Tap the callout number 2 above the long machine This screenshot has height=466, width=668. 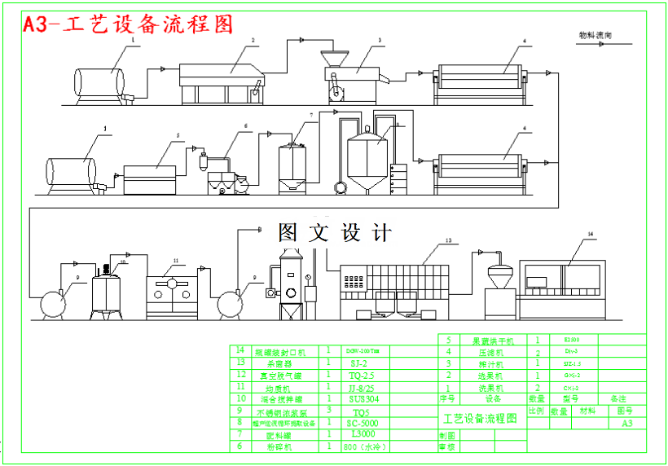pyautogui.click(x=253, y=40)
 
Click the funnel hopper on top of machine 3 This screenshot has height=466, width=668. pyautogui.click(x=331, y=59)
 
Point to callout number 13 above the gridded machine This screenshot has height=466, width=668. pyautogui.click(x=447, y=241)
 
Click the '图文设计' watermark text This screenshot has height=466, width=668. pyautogui.click(x=335, y=233)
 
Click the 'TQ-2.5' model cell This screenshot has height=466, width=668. pyautogui.click(x=362, y=376)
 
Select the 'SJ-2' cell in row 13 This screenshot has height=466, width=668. pyautogui.click(x=358, y=363)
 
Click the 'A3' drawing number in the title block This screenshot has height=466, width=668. pyautogui.click(x=626, y=424)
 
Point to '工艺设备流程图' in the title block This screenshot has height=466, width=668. pyautogui.click(x=480, y=418)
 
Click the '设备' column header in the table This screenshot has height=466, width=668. pyautogui.click(x=494, y=399)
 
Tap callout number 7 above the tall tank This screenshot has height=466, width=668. pyautogui.click(x=310, y=115)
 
